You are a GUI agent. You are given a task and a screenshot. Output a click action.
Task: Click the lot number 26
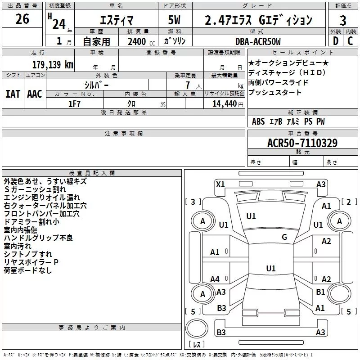22,19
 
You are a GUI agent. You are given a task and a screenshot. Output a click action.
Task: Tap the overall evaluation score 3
343,21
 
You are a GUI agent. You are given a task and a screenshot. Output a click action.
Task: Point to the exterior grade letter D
335,40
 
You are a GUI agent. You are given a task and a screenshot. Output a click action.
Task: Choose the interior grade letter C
350,40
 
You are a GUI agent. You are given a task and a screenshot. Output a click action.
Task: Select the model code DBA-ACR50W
258,41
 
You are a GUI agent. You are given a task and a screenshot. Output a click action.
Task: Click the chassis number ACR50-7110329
302,143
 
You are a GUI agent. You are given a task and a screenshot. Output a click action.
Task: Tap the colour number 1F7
75,103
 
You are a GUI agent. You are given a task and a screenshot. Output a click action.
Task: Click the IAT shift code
13,94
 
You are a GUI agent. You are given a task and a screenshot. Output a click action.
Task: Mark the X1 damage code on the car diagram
220,184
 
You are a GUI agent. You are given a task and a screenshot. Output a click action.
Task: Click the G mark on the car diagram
284,237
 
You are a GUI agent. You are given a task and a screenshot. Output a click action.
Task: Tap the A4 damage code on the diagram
215,279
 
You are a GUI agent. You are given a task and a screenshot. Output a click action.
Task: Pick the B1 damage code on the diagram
320,292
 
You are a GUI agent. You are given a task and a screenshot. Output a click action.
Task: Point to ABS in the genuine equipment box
258,121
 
